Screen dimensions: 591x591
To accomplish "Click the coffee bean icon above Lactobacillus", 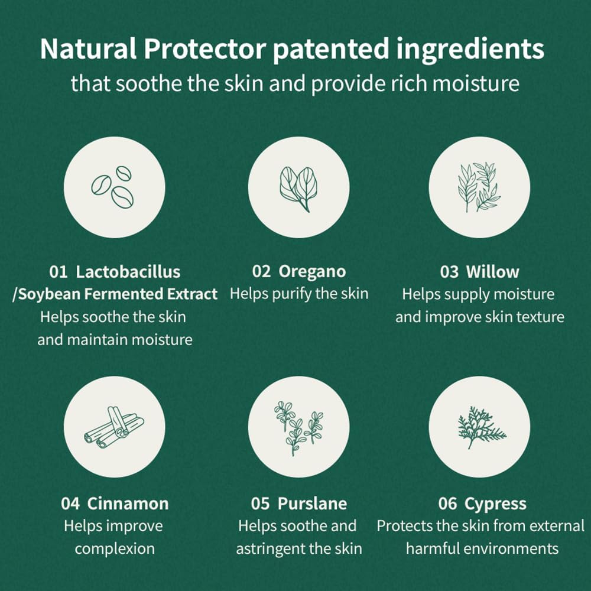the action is click(x=113, y=187).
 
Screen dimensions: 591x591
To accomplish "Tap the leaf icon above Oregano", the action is click(x=298, y=189).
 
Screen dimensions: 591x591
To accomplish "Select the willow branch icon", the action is click(x=479, y=187).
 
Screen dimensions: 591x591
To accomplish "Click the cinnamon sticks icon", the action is click(x=114, y=427).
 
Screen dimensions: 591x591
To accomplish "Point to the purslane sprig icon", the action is click(x=298, y=428).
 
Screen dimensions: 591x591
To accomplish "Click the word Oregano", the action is click(x=312, y=272).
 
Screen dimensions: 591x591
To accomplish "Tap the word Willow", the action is click(x=492, y=272).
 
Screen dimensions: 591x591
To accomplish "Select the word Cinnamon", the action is click(x=128, y=504).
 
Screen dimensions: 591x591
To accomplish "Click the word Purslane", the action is click(x=312, y=504).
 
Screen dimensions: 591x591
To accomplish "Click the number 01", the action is click(x=58, y=272).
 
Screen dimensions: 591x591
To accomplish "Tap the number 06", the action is click(x=447, y=504).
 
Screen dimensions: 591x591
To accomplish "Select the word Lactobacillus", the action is click(x=128, y=272).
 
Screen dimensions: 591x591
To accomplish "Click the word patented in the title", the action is click(x=330, y=50).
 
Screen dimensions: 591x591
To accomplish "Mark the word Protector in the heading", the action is click(x=205, y=49).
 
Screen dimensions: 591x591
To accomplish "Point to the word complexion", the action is click(x=115, y=549).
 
